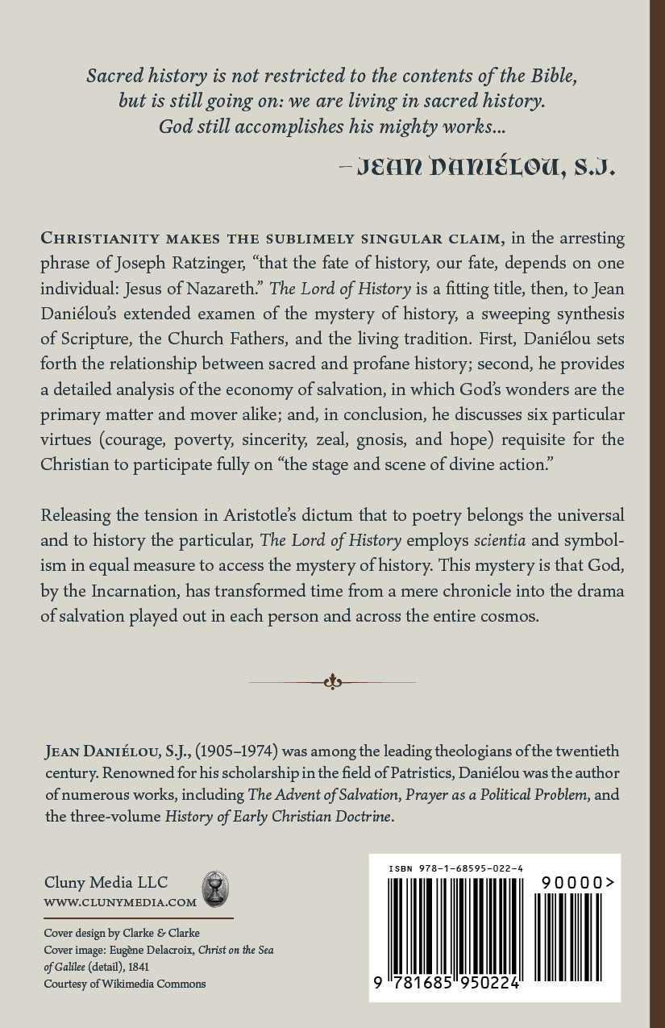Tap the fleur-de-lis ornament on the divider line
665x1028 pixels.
[332, 682]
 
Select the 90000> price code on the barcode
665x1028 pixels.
[572, 883]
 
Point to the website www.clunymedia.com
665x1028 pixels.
[120, 903]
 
